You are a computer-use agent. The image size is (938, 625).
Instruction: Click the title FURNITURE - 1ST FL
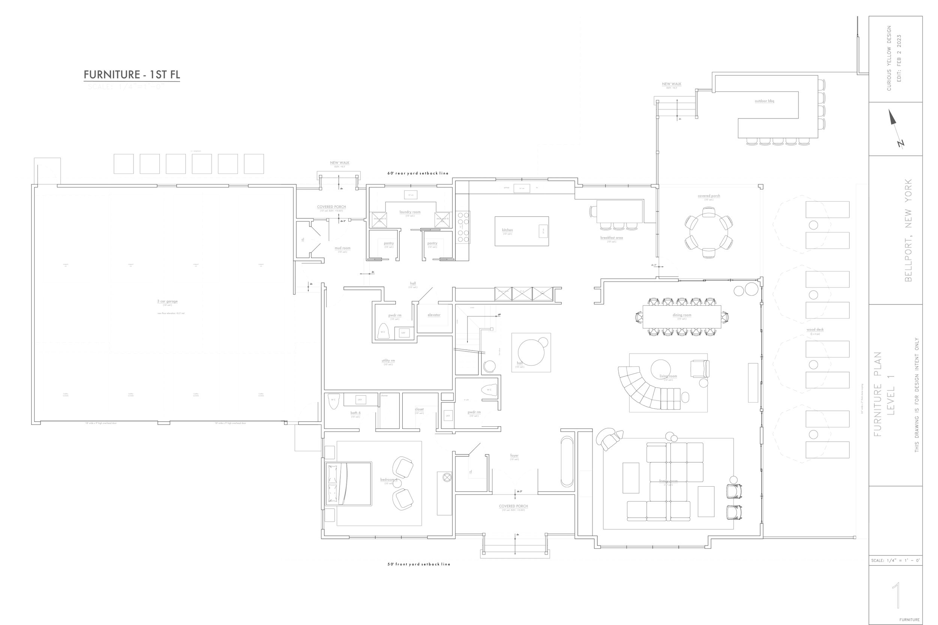tap(132, 75)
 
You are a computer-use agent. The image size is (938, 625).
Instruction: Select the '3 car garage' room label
tap(167, 301)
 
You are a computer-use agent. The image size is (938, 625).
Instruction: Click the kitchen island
tap(521, 231)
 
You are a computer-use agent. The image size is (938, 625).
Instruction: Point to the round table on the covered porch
tap(709, 232)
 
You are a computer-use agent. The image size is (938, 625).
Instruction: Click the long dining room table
tap(682, 316)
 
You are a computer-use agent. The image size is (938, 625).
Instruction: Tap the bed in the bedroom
tap(349, 484)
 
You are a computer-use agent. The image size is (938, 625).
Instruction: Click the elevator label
tap(434, 315)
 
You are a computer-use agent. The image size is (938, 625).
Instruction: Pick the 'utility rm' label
tap(388, 360)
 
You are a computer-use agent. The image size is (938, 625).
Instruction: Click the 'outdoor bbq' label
tap(764, 101)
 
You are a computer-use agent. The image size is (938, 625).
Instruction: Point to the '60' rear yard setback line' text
tap(418, 173)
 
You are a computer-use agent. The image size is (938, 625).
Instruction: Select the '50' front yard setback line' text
tap(418, 564)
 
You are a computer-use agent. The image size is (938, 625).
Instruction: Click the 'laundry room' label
tap(410, 212)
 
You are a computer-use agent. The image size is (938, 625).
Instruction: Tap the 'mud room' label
tap(343, 248)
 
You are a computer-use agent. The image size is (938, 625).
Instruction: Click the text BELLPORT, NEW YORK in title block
tap(908, 230)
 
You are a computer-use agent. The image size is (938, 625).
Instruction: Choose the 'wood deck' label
tap(815, 330)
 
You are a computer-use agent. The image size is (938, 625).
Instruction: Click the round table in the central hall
tap(531, 352)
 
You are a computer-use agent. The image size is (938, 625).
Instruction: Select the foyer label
tap(514, 455)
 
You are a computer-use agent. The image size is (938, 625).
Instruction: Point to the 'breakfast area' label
tap(611, 238)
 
